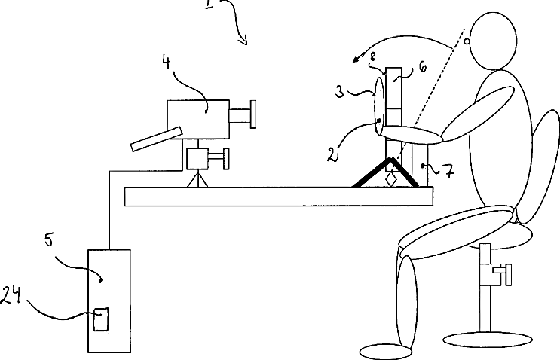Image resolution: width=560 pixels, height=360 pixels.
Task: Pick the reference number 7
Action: point(447,172)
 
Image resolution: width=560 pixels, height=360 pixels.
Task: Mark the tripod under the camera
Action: point(198,179)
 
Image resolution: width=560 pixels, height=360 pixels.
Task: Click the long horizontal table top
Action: point(279,197)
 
